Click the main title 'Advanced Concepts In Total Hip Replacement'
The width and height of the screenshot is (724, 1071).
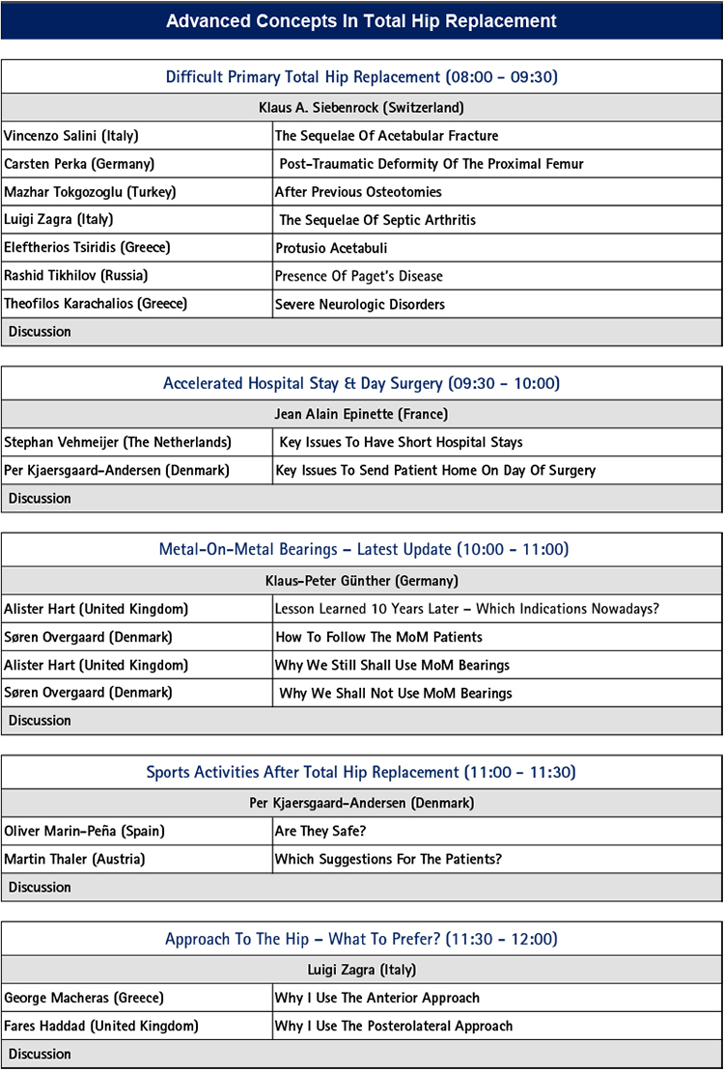point(361,20)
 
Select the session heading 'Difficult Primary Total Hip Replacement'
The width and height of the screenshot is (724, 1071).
point(361,77)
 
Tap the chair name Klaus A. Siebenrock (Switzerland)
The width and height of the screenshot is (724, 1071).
point(361,107)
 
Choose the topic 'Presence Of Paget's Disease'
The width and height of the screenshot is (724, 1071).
point(358,276)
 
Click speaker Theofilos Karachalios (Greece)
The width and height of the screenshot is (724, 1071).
point(96,304)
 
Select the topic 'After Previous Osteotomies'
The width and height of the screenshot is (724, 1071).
point(358,192)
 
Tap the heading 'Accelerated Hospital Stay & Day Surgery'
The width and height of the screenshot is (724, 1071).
point(361,383)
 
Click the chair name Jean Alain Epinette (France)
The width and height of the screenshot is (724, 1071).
point(361,413)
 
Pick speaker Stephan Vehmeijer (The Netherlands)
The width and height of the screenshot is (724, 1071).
point(118,442)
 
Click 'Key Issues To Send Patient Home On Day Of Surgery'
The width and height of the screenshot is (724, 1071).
point(435,471)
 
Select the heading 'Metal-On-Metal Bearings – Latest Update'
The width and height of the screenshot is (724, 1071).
point(361,550)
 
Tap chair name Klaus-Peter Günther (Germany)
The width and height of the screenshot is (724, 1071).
point(361,581)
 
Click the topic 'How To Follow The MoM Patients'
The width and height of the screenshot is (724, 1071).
point(378,637)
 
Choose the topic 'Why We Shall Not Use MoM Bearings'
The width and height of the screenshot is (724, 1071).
point(396,693)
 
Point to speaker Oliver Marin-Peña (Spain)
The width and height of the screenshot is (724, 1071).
point(92,831)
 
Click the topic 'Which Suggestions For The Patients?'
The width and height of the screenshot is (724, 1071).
point(388,859)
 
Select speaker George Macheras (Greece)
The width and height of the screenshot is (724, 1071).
point(84,998)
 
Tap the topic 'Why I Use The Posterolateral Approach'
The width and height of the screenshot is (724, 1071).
point(394,1026)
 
